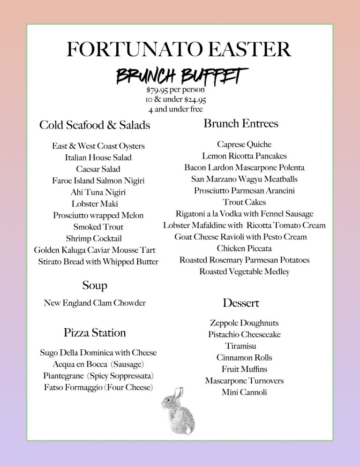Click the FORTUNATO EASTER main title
pos(179,50)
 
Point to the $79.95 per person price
pos(175,90)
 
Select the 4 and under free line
pos(175,109)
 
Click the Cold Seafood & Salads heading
pos(95,125)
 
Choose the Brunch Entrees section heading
pos(241,124)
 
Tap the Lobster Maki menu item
pos(95,204)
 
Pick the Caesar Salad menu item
pos(98,169)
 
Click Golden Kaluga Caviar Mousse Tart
pos(95,250)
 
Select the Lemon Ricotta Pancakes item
pos(244,156)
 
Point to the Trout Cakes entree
pos(244,202)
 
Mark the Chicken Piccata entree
pos(244,248)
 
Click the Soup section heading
pos(95,286)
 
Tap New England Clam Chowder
pos(95,303)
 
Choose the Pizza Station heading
pos(95,333)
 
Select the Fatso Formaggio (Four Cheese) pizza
pos(98,387)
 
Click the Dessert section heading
pos(241,303)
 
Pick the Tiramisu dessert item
pos(240,346)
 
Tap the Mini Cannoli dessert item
pos(244,392)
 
